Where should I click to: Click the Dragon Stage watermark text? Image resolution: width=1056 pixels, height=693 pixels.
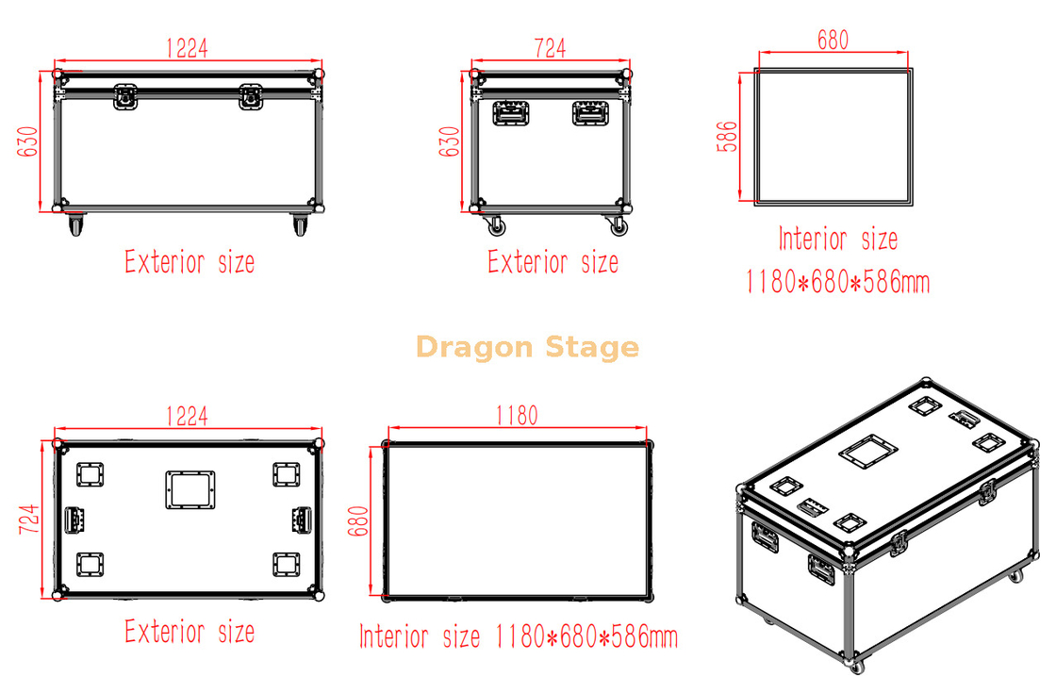click(x=527, y=348)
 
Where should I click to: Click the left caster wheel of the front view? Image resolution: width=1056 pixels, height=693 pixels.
click(x=74, y=225)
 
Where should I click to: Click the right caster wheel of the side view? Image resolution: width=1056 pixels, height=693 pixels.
click(x=619, y=225)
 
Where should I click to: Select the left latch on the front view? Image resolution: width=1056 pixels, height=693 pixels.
click(x=124, y=97)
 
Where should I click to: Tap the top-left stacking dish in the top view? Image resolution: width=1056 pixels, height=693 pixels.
click(x=91, y=473)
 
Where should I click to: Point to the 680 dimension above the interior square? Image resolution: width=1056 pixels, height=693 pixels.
click(x=833, y=41)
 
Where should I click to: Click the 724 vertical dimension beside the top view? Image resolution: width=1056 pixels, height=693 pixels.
click(x=28, y=519)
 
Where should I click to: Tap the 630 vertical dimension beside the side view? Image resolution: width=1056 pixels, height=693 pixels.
click(x=451, y=141)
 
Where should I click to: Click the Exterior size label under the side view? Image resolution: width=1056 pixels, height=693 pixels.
click(x=553, y=261)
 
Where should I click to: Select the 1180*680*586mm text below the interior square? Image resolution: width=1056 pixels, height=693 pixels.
click(x=837, y=281)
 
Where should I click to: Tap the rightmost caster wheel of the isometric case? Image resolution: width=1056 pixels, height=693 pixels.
click(x=1015, y=575)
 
